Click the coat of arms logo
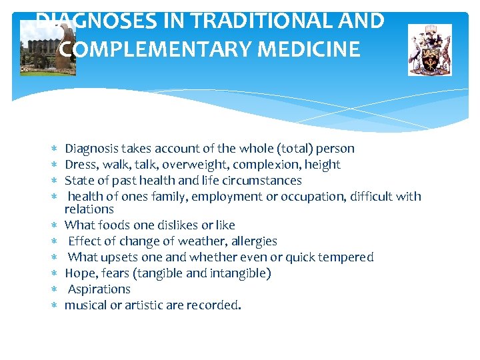point(430,50)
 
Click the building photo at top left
point(47,48)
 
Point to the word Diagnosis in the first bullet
point(93,149)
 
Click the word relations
point(89,209)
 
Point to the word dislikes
point(164,225)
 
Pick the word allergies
point(252,241)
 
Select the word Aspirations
point(99,289)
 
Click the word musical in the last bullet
point(85,305)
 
